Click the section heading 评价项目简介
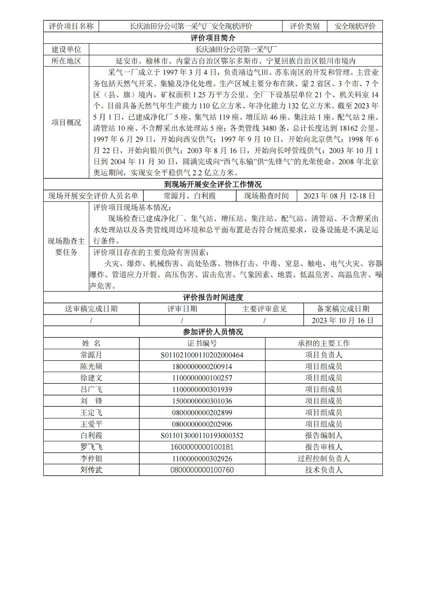[x=213, y=38]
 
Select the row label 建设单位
[x=66, y=49]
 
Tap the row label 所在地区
[x=66, y=61]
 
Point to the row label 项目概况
[x=66, y=123]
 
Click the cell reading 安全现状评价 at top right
[x=355, y=26]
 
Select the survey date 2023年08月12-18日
[x=339, y=196]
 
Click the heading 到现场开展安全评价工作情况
[x=213, y=184]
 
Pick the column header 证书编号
[x=202, y=344]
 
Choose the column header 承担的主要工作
[x=324, y=344]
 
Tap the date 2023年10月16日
[x=343, y=321]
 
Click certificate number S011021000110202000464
[x=202, y=355]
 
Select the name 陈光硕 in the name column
[x=91, y=366]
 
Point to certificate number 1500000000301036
[x=202, y=401]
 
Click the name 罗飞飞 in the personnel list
[x=91, y=447]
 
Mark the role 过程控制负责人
[x=324, y=459]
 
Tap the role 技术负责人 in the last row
[x=324, y=470]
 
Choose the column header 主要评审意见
[x=264, y=309]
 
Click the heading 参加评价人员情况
[x=213, y=332]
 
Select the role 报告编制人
[x=324, y=436]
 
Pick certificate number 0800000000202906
[x=202, y=424]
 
